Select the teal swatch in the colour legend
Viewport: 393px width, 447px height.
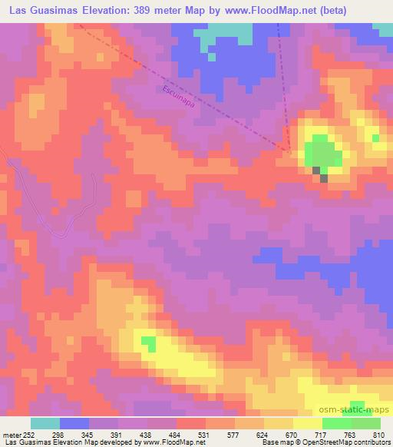45,423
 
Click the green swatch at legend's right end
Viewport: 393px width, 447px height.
365,423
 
